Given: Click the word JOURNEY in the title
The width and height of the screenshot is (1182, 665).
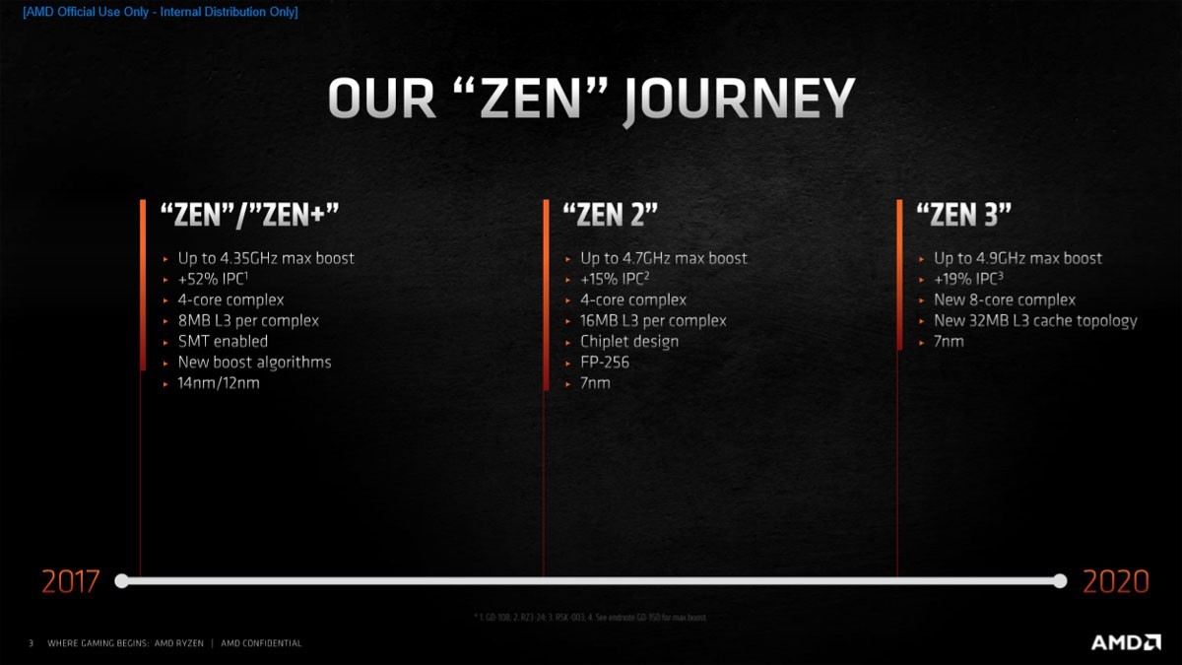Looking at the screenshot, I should click(x=741, y=100).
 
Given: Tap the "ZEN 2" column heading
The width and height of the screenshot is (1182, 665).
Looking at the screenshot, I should click(x=610, y=215).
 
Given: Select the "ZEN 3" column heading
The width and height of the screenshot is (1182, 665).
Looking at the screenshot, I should click(x=963, y=215).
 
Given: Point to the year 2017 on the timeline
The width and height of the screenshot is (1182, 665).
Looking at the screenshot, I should click(x=70, y=581).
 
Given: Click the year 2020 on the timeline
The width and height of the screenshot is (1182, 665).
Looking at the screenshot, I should click(x=1116, y=581).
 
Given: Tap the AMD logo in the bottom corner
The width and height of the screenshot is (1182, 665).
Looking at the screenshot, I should click(x=1126, y=642).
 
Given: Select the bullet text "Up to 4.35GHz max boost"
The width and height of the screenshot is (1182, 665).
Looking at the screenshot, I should click(x=266, y=258).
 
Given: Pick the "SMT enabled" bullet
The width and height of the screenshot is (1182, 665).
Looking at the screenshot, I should click(x=223, y=341).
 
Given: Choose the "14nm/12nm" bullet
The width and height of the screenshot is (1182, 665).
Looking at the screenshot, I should click(x=219, y=382).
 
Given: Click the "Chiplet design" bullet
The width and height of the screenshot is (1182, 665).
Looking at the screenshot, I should click(x=629, y=341).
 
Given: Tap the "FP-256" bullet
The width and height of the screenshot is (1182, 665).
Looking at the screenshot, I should click(x=605, y=362).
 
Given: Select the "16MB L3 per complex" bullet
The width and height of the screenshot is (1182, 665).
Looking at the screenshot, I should click(x=653, y=320).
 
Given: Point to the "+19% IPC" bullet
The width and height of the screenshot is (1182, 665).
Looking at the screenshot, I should click(x=968, y=279).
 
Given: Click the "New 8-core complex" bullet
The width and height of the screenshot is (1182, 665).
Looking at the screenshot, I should click(x=1005, y=299).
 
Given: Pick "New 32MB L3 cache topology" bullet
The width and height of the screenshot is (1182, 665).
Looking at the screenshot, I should click(x=1035, y=320).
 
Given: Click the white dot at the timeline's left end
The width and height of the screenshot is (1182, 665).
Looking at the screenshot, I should click(x=122, y=580).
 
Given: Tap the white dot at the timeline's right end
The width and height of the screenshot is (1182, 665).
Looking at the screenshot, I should click(x=1060, y=580).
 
